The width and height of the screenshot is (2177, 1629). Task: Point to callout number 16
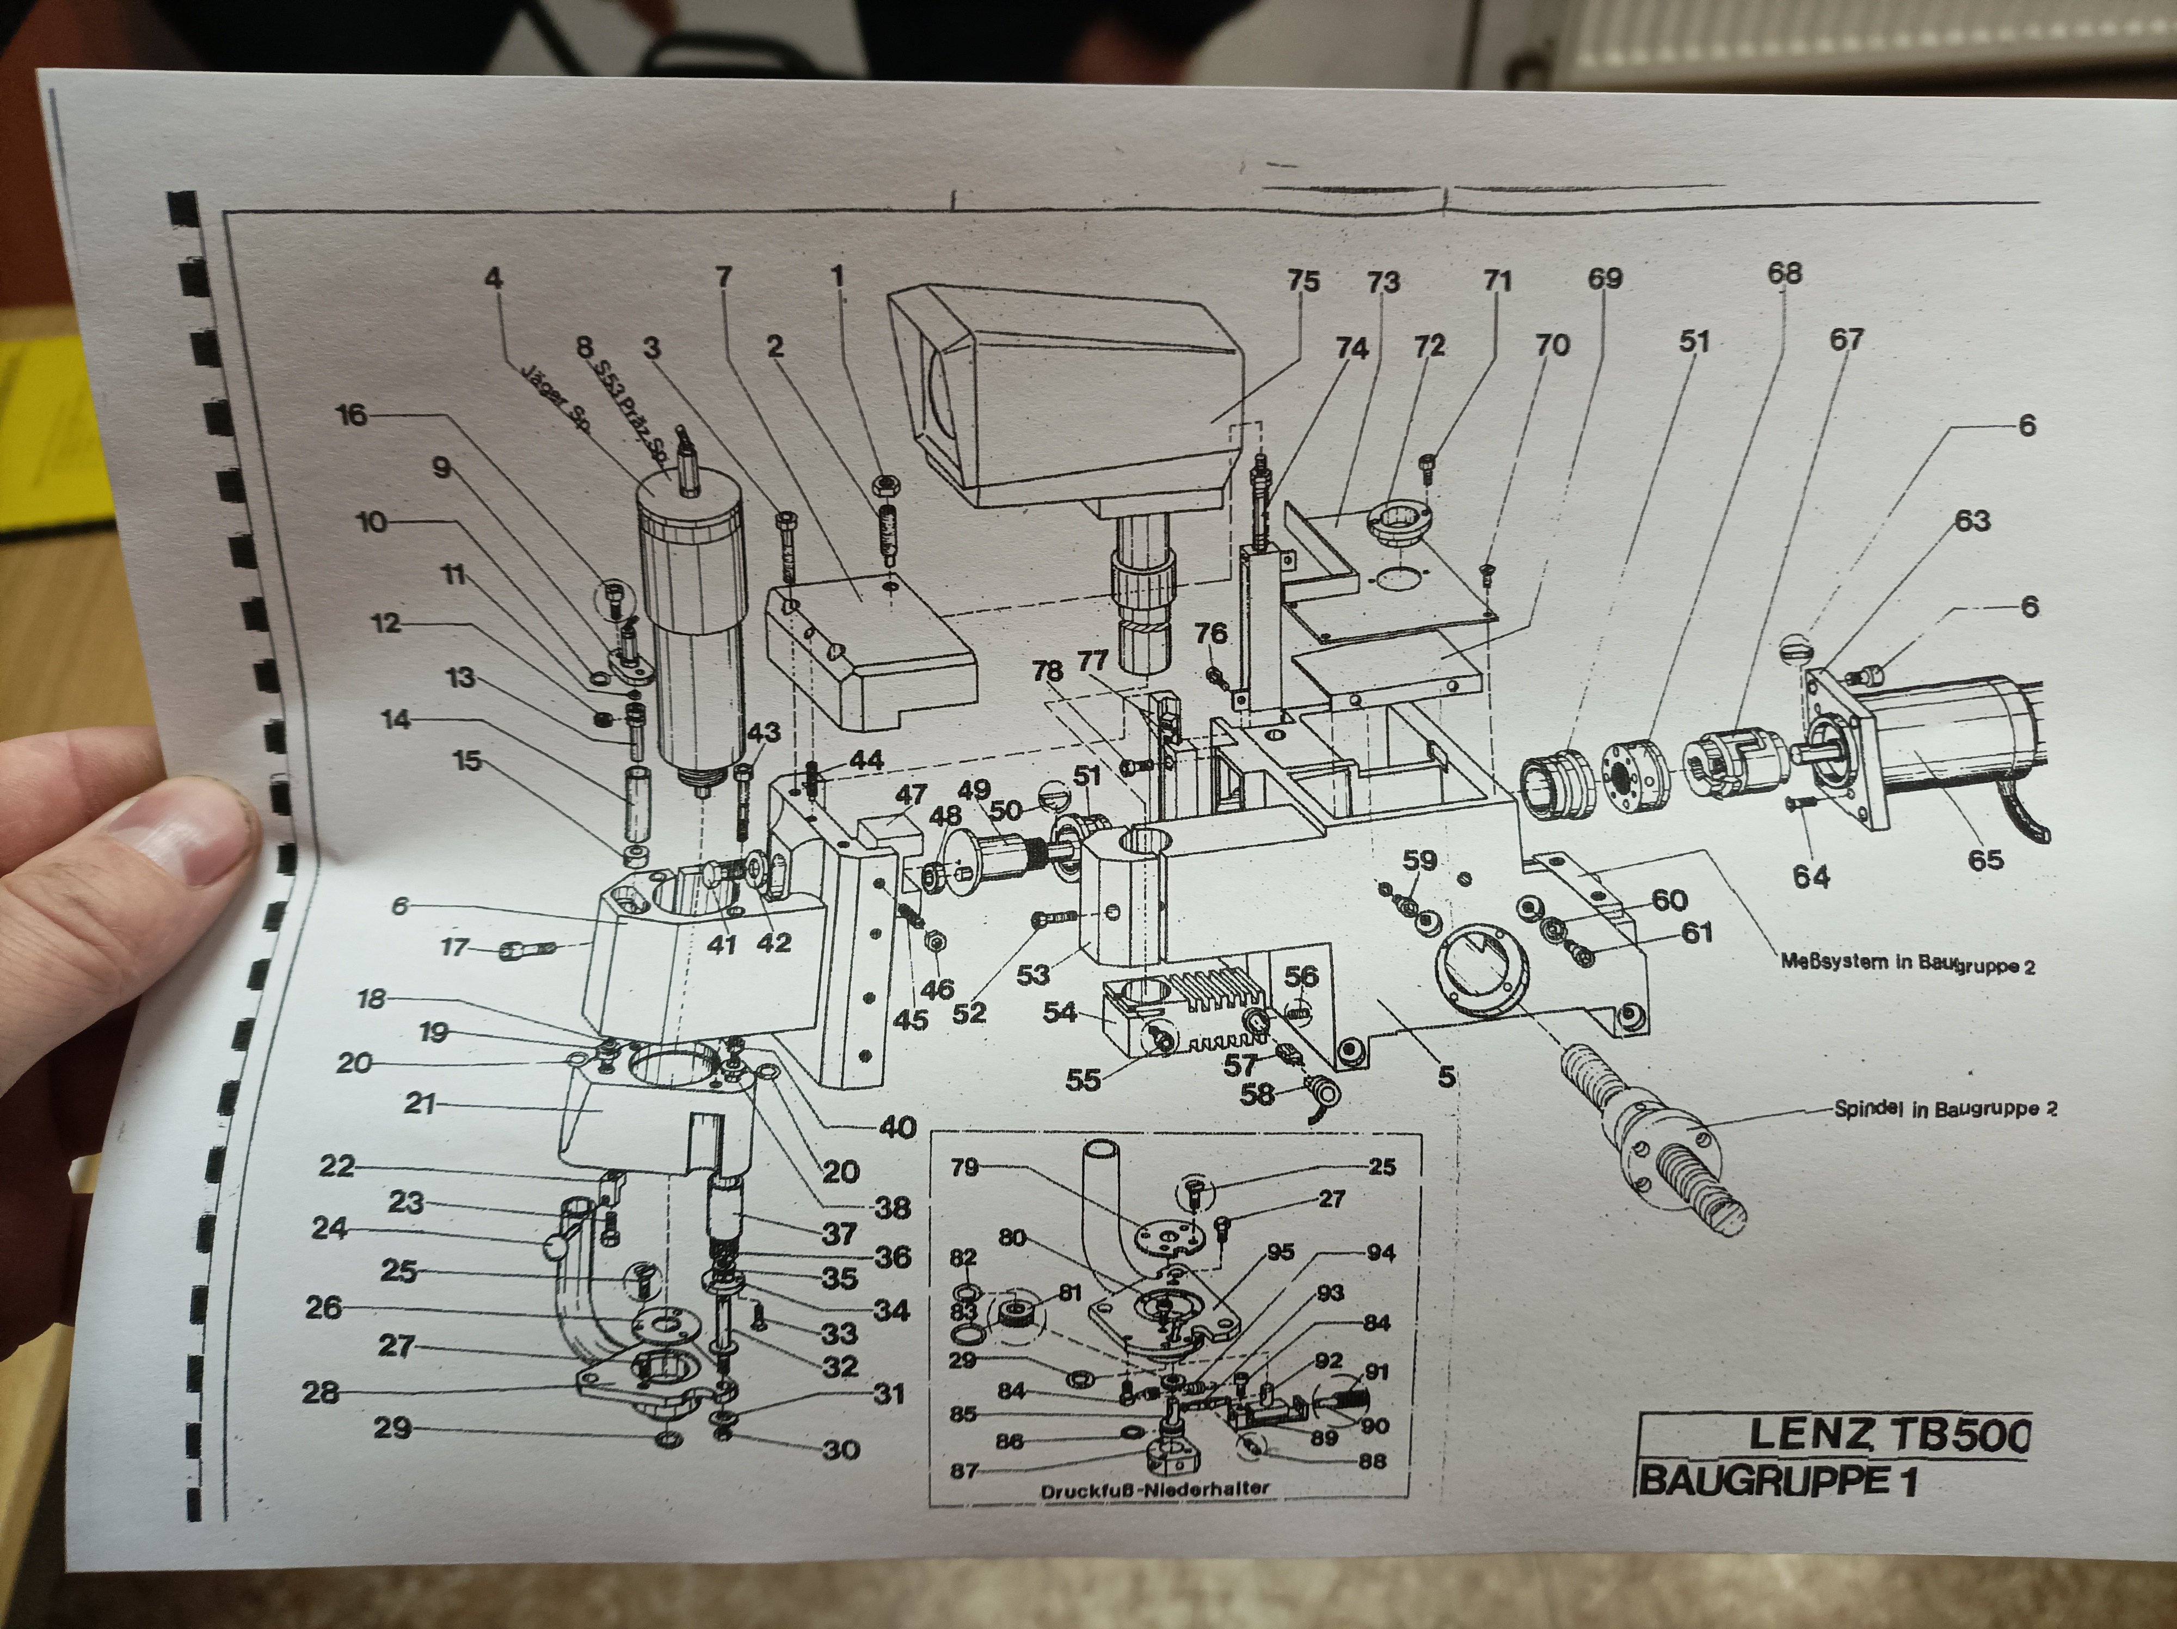352,415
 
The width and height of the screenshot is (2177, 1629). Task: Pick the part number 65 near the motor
1985,859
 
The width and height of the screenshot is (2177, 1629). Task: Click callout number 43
764,732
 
